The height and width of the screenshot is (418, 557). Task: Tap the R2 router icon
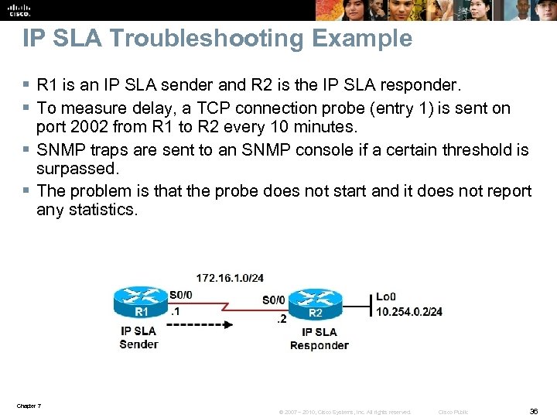[x=316, y=303]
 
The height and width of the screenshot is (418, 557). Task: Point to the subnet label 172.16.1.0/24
[x=230, y=277]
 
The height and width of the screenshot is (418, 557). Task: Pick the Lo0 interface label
[x=386, y=296]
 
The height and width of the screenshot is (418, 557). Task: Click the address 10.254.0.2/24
[x=409, y=311]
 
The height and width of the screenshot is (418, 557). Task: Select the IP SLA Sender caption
[x=139, y=337]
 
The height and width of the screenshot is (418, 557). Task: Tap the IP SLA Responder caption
[x=319, y=339]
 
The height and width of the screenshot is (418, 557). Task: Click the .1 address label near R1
[x=176, y=312]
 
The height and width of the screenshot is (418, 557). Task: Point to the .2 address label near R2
[x=282, y=318]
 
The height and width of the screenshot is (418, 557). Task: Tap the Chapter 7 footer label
[x=29, y=406]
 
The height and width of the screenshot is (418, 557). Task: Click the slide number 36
[x=533, y=412]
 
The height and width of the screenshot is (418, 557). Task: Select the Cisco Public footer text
[x=453, y=413]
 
